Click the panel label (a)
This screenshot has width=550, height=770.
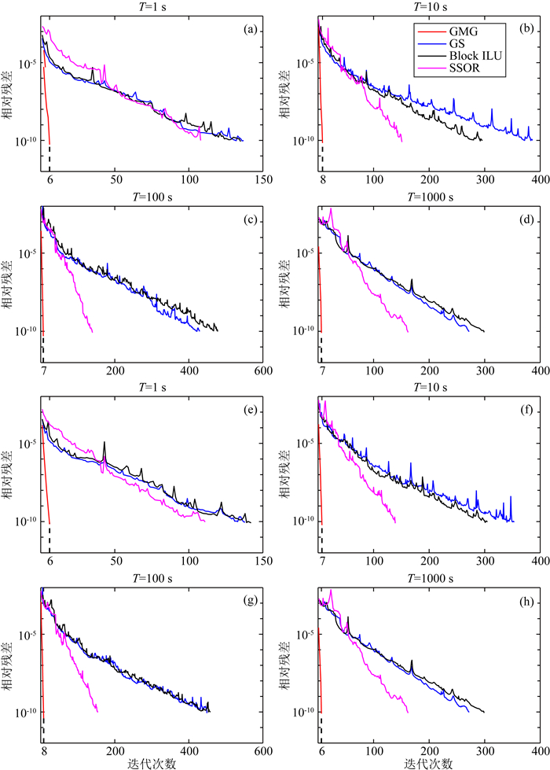pyautogui.click(x=251, y=30)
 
